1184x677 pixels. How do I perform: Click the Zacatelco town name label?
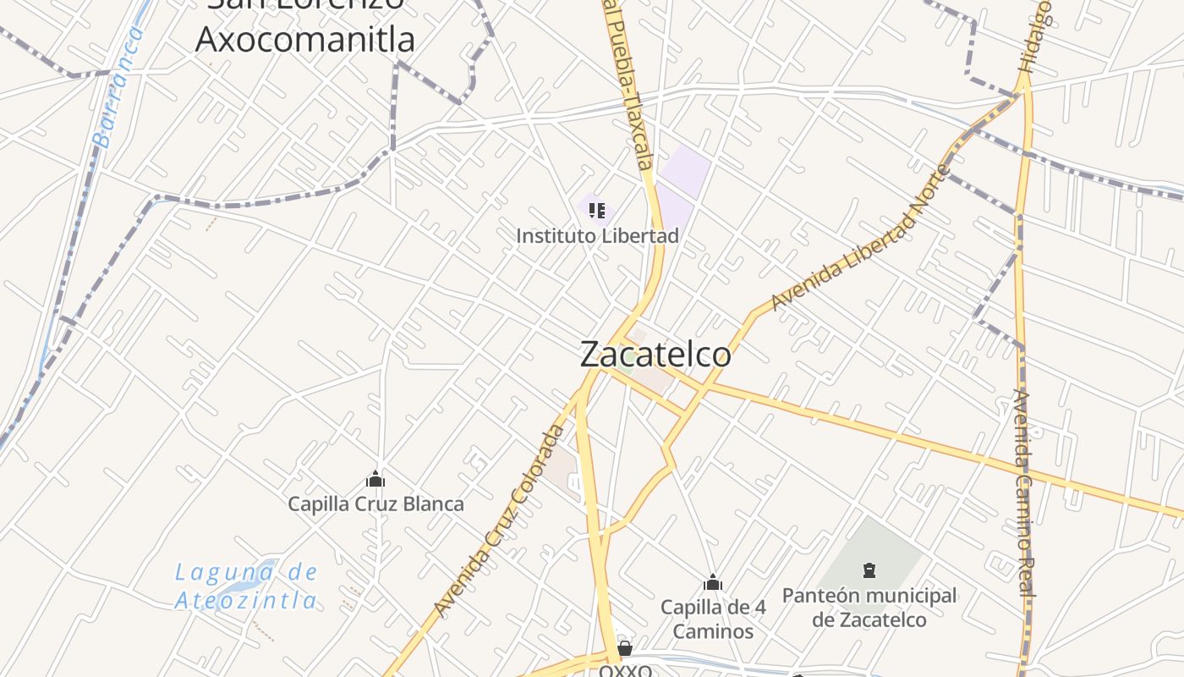tap(655, 354)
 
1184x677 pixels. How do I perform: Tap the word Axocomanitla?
tap(305, 38)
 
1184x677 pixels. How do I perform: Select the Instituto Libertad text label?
tap(597, 235)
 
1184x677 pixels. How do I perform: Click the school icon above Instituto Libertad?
tap(597, 210)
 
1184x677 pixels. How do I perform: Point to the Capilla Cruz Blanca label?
tap(375, 504)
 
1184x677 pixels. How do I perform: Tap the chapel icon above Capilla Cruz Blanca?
tap(375, 480)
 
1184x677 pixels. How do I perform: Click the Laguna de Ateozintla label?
tap(247, 586)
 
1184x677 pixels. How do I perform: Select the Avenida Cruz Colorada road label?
tap(499, 520)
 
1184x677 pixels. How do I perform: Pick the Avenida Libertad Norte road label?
tap(861, 239)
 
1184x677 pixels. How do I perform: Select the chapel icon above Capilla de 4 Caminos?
tap(713, 582)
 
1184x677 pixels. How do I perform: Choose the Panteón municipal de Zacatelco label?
tap(869, 607)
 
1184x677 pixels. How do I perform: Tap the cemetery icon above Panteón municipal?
tap(869, 570)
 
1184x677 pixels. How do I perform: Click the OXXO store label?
tap(626, 670)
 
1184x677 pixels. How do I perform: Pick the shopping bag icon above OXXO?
tap(625, 649)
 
